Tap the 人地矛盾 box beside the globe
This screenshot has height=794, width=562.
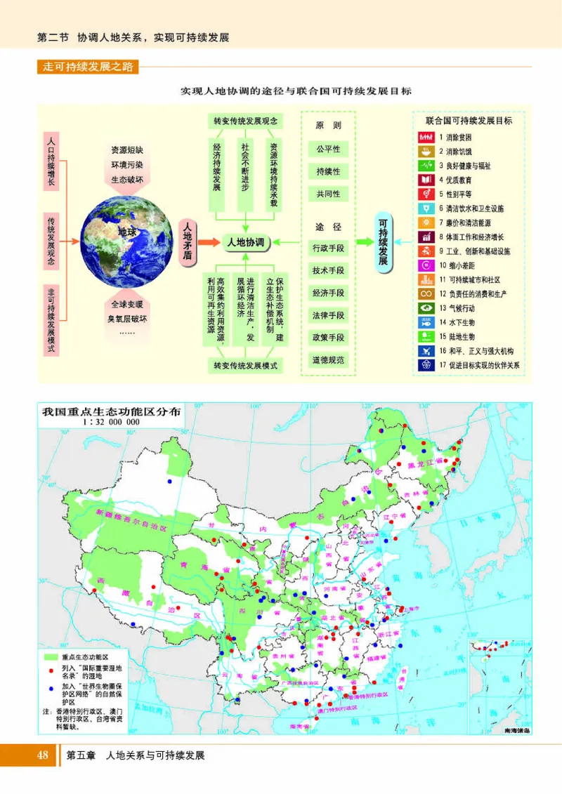[x=187, y=242]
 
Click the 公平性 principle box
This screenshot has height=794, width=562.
[x=328, y=149]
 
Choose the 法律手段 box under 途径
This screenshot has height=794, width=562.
[x=328, y=315]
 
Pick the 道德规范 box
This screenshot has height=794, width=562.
[x=328, y=360]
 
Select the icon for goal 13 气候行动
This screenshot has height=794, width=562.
[x=426, y=307]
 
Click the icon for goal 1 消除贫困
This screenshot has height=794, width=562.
[x=426, y=136]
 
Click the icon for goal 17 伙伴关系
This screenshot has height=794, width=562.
[x=426, y=365]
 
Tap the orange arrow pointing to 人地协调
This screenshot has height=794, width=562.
[x=210, y=242]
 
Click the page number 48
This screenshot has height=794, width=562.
[x=43, y=755]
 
